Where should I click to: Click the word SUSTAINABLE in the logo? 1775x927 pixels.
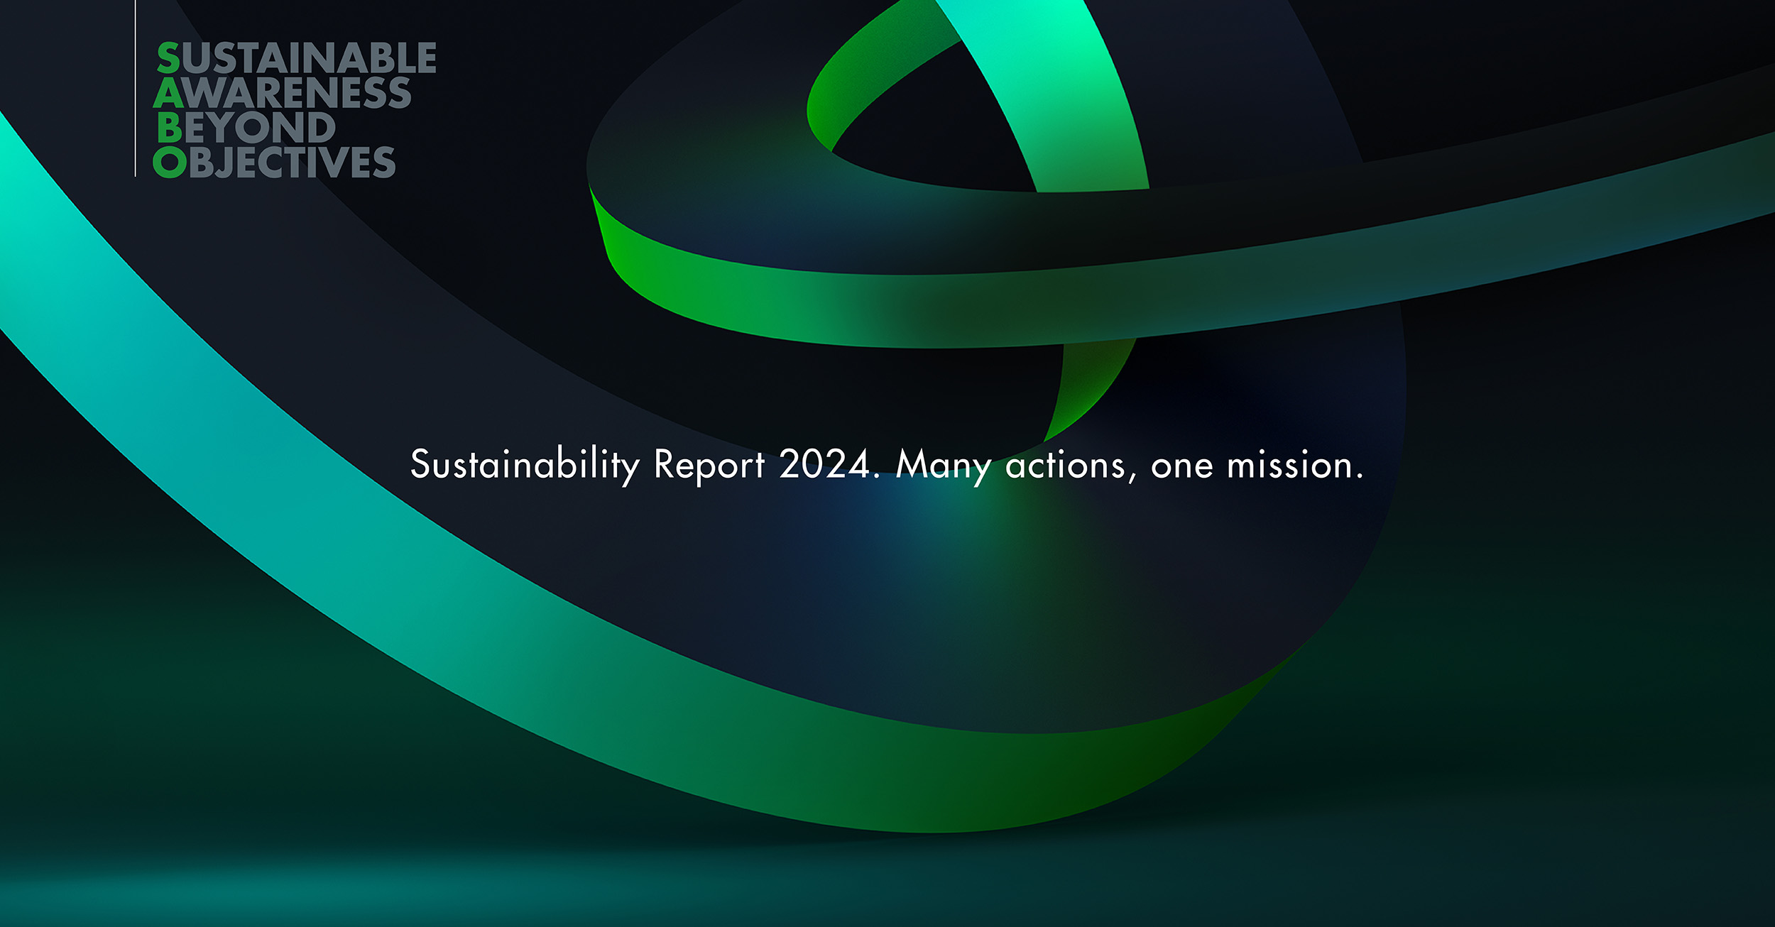[x=297, y=57]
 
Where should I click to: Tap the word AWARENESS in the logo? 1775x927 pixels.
[x=283, y=92]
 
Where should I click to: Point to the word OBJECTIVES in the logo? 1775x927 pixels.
[x=274, y=162]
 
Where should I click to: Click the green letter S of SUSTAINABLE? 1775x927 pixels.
[x=169, y=57]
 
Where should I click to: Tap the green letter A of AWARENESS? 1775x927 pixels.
[x=169, y=92]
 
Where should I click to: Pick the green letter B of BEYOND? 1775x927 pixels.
[x=170, y=128]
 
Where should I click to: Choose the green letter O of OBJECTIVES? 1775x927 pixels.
[x=170, y=162]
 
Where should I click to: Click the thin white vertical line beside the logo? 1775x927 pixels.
[x=135, y=88]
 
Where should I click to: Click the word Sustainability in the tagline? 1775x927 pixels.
[x=525, y=466]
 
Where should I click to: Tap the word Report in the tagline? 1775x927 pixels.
[x=709, y=465]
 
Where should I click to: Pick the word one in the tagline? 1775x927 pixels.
[x=1182, y=468]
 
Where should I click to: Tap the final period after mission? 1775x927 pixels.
[x=1359, y=477]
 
